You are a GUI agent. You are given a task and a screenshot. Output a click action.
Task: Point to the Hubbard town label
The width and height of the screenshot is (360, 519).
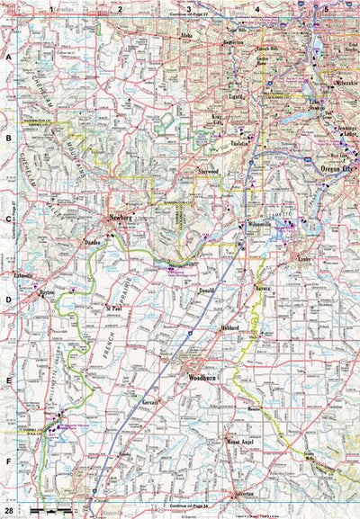(x=229, y=329)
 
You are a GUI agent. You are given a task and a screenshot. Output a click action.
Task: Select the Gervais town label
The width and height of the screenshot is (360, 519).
(x=150, y=397)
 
